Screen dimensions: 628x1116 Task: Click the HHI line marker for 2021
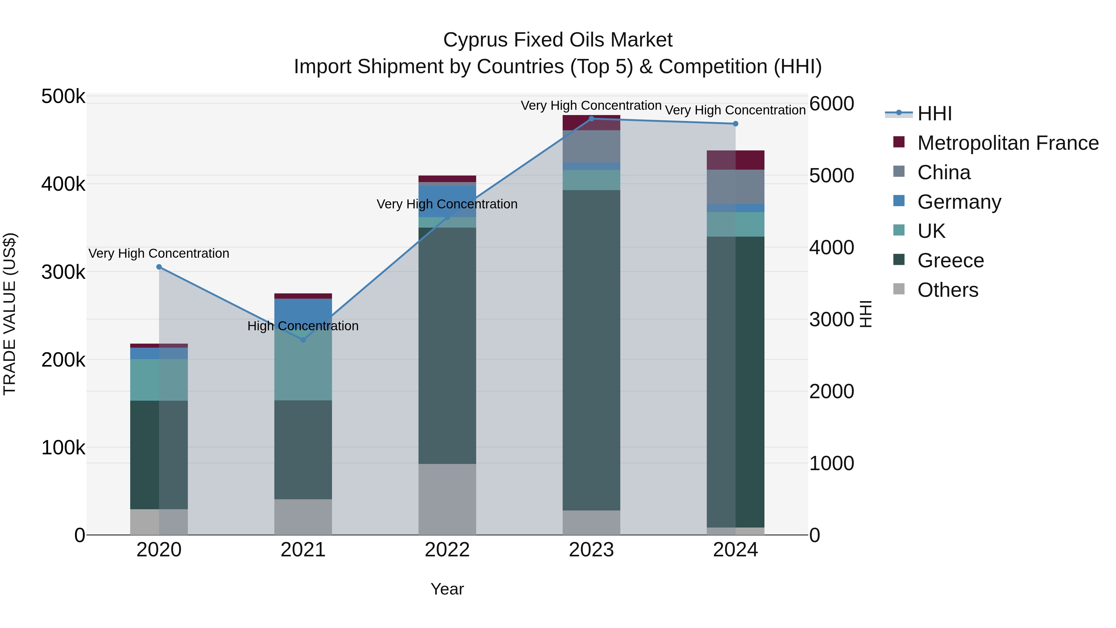(303, 340)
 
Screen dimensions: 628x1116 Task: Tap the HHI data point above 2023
(591, 119)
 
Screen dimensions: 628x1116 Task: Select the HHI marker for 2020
(159, 267)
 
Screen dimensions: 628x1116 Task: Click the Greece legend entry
(950, 261)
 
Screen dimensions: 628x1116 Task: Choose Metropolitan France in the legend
(1008, 143)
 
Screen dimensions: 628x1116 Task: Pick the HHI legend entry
(934, 114)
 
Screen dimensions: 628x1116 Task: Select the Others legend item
(947, 290)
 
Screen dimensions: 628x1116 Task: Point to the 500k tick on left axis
(63, 97)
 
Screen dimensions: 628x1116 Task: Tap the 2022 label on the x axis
(447, 550)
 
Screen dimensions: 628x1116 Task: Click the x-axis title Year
(447, 589)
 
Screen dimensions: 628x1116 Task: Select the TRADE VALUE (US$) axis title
(10, 314)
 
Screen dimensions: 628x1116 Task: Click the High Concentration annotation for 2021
(303, 326)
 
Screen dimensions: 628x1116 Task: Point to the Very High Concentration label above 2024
(735, 110)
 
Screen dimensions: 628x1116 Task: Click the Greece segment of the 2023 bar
(591, 350)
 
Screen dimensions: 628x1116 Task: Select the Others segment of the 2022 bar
(447, 499)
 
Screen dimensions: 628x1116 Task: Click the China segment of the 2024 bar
(735, 187)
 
